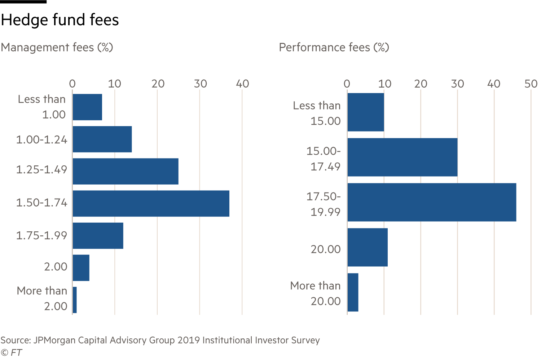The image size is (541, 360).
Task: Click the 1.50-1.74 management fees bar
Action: pos(151,204)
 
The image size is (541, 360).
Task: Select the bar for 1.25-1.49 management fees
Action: pos(126,171)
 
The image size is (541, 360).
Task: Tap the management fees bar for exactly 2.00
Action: pos(81,268)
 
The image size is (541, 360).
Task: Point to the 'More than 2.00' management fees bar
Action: pos(75,300)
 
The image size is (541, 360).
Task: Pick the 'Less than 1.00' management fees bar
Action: pos(87,107)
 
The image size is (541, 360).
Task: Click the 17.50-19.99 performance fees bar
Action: pos(432,202)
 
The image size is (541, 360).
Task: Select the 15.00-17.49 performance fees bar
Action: pos(402,157)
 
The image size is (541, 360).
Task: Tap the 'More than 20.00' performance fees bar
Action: pos(353,292)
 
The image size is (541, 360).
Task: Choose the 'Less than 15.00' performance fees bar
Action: pos(365,112)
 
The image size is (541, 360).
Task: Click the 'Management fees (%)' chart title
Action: pos(57,48)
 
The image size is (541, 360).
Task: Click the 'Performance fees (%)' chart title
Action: pos(334,48)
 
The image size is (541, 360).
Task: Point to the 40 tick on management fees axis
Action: pos(242,84)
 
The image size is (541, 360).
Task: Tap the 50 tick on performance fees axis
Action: pos(531,84)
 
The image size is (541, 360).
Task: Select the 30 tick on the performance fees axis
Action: pos(457,84)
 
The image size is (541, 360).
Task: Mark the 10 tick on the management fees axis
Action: pos(115,84)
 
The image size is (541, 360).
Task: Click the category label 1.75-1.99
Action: pos(41,236)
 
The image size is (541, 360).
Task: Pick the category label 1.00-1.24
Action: pos(41,139)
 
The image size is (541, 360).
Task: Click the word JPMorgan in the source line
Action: pos(54,341)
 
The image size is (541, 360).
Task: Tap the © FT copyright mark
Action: pos(12,352)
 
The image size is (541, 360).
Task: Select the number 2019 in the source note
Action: pos(189,341)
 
